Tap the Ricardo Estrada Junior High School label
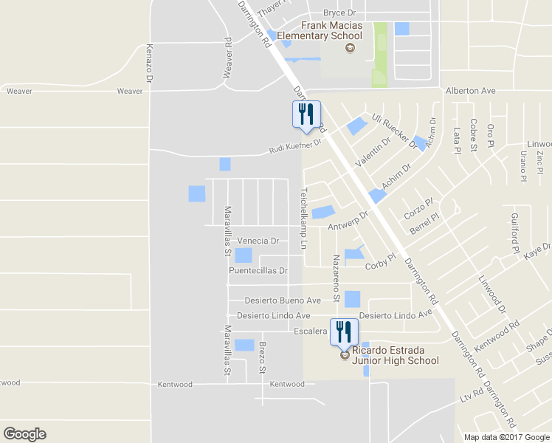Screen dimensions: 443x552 point(395,355)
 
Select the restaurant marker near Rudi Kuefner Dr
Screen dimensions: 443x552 point(307,115)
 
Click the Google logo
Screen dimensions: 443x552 point(24,434)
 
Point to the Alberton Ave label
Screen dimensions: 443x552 point(470,90)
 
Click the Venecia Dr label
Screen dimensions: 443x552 point(258,241)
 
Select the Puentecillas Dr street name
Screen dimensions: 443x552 point(258,270)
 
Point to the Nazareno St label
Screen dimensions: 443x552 point(336,269)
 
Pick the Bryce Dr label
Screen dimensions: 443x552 point(339,13)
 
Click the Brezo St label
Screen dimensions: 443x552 point(261,357)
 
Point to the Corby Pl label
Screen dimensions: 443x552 point(381,261)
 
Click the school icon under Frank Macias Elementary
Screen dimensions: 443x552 point(350,49)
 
